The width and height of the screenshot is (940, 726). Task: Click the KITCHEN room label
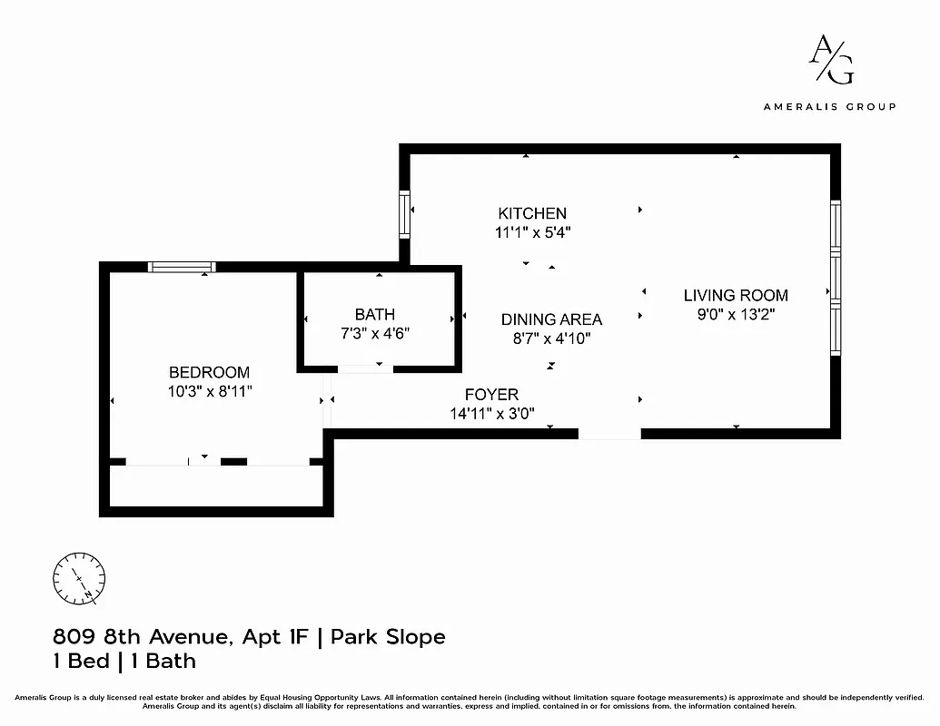click(x=532, y=213)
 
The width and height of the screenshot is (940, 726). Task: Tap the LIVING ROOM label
click(x=736, y=295)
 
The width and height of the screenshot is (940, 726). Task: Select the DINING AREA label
click(x=551, y=319)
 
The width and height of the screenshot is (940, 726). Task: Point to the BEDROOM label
click(x=209, y=372)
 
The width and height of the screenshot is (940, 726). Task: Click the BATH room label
click(x=374, y=314)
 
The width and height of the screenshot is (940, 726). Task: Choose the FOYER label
click(x=491, y=395)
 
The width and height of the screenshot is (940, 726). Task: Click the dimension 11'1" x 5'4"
click(x=532, y=232)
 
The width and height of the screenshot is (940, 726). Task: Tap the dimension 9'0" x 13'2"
click(x=736, y=314)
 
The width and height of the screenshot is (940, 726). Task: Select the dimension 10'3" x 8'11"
click(x=209, y=391)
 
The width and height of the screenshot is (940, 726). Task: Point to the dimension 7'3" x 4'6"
click(x=375, y=333)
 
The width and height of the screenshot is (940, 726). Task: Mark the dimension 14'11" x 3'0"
click(x=491, y=414)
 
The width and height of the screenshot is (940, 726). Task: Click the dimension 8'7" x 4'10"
click(x=551, y=338)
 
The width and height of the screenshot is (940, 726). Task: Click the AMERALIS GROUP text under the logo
click(x=829, y=106)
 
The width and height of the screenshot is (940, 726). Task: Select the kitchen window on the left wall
click(x=405, y=214)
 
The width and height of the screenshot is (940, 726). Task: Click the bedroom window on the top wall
click(x=182, y=267)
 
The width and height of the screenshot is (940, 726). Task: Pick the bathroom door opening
click(x=365, y=368)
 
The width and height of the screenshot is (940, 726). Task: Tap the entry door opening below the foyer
click(x=609, y=435)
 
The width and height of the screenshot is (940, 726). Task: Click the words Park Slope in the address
click(x=388, y=637)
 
